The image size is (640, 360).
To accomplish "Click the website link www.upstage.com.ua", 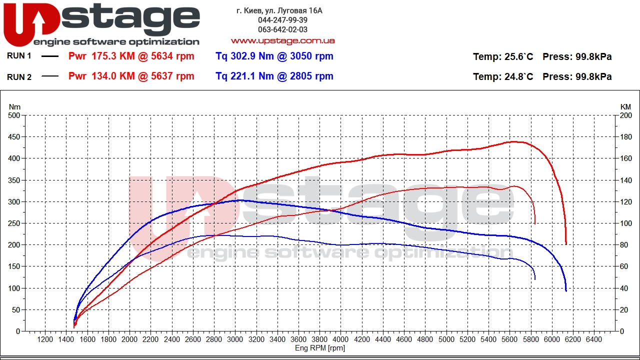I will coord(282,40).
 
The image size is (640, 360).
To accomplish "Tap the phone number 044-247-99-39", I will coord(282,20).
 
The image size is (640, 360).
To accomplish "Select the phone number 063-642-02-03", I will coord(282,30).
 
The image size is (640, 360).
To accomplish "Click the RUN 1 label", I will coord(19,56).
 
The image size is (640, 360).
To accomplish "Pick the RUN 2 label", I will coord(19,76).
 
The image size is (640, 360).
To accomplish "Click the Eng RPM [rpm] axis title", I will coord(320,348).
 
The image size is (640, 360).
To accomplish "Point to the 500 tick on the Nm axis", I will coord(14,115).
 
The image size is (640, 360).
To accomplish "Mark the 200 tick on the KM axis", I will coord(626,115).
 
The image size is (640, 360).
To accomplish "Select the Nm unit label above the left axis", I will coord(15,107).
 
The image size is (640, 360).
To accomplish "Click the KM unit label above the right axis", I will coord(625,107).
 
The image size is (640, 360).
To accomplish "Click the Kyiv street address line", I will coord(279,10).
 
